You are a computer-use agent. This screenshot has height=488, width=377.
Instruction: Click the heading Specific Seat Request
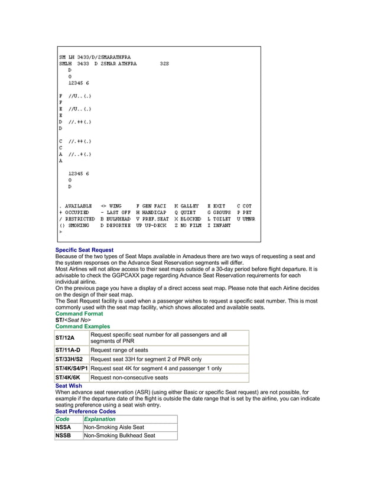coord(84,250)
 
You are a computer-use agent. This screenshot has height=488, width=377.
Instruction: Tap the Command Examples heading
coord(82,326)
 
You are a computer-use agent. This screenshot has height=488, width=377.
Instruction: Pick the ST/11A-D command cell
coord(67,350)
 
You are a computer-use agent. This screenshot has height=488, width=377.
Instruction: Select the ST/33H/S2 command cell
coord(69,359)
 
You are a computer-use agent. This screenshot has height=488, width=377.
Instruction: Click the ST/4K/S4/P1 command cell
coord(71,368)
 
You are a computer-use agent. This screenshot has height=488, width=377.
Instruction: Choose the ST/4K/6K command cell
coord(67,378)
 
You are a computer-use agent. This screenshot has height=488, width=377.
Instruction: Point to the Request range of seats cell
coord(119,350)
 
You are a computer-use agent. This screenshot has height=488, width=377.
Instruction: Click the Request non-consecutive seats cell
coord(129,378)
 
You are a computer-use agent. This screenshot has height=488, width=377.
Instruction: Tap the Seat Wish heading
coord(69,386)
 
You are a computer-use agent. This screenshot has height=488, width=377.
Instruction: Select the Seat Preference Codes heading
coord(85,411)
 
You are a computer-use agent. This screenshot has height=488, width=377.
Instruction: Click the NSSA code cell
coord(63,427)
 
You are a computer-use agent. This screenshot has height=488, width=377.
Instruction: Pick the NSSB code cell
coord(63,436)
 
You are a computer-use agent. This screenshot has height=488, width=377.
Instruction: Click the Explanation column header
coord(100,419)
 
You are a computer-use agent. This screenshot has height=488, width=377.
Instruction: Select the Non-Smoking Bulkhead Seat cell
coord(120,436)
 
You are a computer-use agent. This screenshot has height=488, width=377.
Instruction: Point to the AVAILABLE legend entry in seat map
coord(77,206)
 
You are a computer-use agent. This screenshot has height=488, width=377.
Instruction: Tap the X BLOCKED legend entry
coord(187,219)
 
